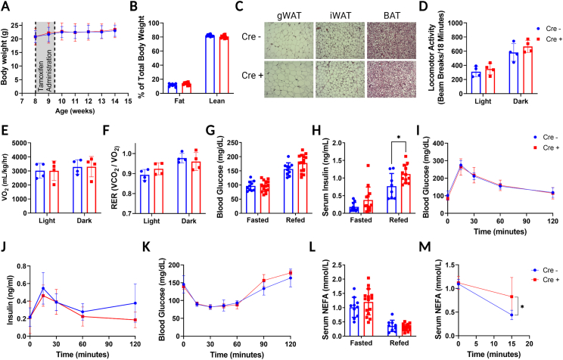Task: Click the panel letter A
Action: coord(6,7)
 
